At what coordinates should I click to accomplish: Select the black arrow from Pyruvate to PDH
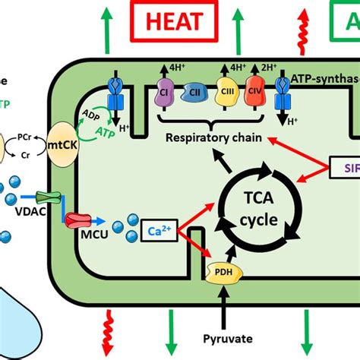[223, 308]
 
